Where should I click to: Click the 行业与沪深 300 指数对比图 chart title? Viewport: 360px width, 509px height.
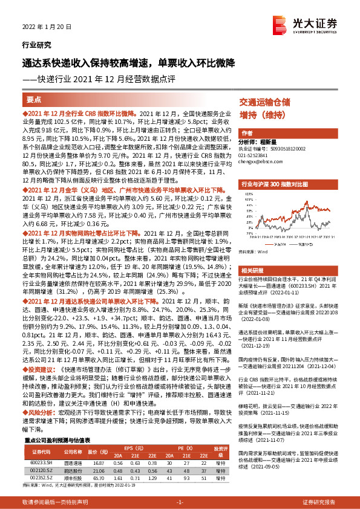coord(275,182)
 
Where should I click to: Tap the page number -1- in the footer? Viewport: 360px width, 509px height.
coord(180,502)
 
